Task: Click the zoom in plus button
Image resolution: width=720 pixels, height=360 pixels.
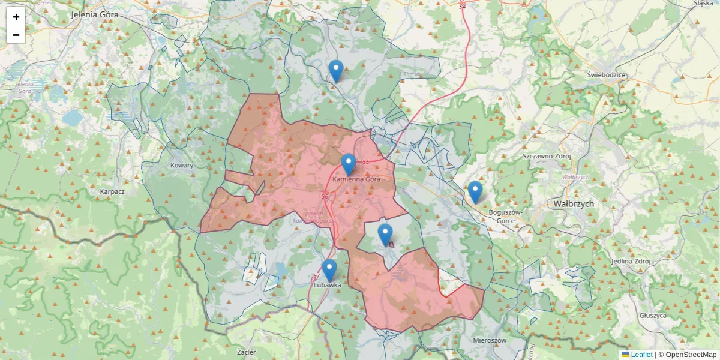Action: [16, 17]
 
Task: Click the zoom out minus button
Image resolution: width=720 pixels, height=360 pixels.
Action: [16, 35]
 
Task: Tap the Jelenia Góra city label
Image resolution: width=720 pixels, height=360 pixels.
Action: [95, 14]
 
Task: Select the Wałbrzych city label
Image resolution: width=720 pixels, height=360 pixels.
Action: [574, 204]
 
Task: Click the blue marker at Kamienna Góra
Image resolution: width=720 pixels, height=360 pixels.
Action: [349, 164]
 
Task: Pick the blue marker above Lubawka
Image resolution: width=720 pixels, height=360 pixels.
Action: [329, 270]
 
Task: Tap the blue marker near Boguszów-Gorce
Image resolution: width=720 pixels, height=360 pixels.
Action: [475, 192]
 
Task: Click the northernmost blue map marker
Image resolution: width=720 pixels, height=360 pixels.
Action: [336, 71]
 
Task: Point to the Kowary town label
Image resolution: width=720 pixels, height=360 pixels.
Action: [182, 166]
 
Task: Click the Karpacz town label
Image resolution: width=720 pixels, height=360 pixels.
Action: [112, 192]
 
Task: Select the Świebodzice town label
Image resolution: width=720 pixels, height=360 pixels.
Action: [607, 75]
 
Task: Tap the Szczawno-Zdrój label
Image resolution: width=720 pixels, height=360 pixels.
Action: [547, 156]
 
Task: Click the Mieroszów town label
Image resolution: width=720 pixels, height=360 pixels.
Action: [490, 340]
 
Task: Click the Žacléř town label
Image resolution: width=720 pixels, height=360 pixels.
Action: [247, 351]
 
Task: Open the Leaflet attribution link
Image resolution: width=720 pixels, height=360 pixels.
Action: [641, 355]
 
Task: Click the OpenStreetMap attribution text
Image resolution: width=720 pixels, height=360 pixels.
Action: [691, 355]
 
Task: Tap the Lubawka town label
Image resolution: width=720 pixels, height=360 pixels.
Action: [327, 286]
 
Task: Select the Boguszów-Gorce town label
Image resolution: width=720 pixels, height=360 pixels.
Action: [506, 216]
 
